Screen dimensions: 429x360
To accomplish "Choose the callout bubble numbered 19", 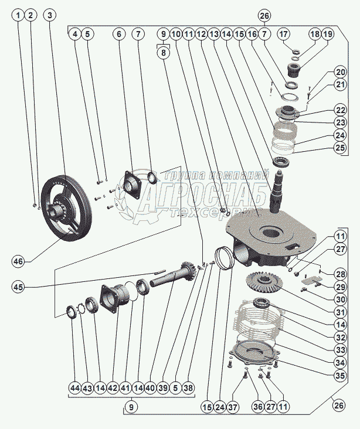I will click(x=327, y=33).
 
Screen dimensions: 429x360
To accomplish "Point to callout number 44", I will click(x=73, y=388).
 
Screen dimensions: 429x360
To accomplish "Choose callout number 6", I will click(x=119, y=33).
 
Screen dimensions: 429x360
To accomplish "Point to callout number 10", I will click(x=175, y=33).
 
